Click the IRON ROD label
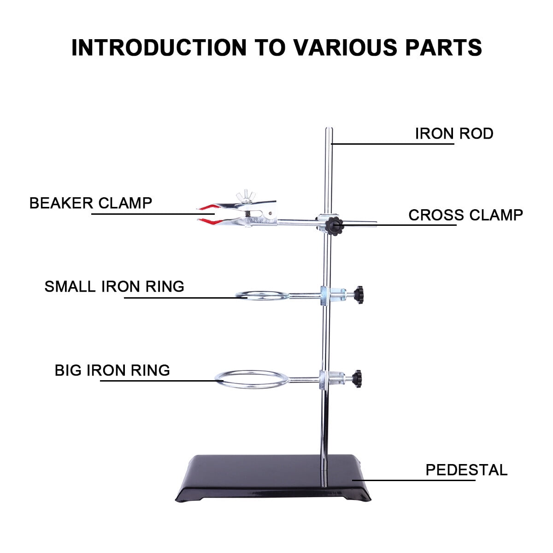pos(454,134)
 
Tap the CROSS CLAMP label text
pos(465,215)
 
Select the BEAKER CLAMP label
pos(91,203)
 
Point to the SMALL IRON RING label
pos(114,287)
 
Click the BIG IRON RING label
pos(112,370)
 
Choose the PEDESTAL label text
pos(466,470)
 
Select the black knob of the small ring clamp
pos(359,293)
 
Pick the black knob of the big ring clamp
pos(357,377)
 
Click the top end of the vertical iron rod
pos(328,130)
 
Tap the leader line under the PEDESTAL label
pos(415,480)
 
